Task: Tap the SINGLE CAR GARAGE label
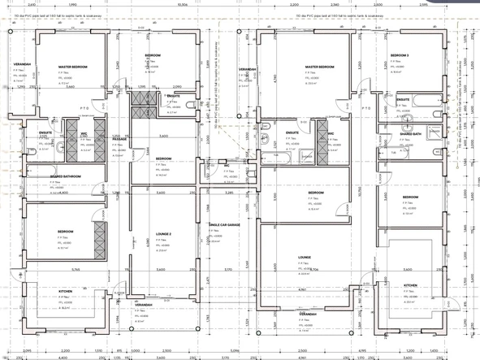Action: click(224, 224)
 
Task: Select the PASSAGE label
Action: click(119, 140)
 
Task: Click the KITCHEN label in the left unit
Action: click(67, 290)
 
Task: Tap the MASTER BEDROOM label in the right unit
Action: click(321, 67)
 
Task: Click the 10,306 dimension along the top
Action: click(182, 5)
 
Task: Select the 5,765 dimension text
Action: click(75, 269)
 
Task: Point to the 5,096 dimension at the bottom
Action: click(235, 351)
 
